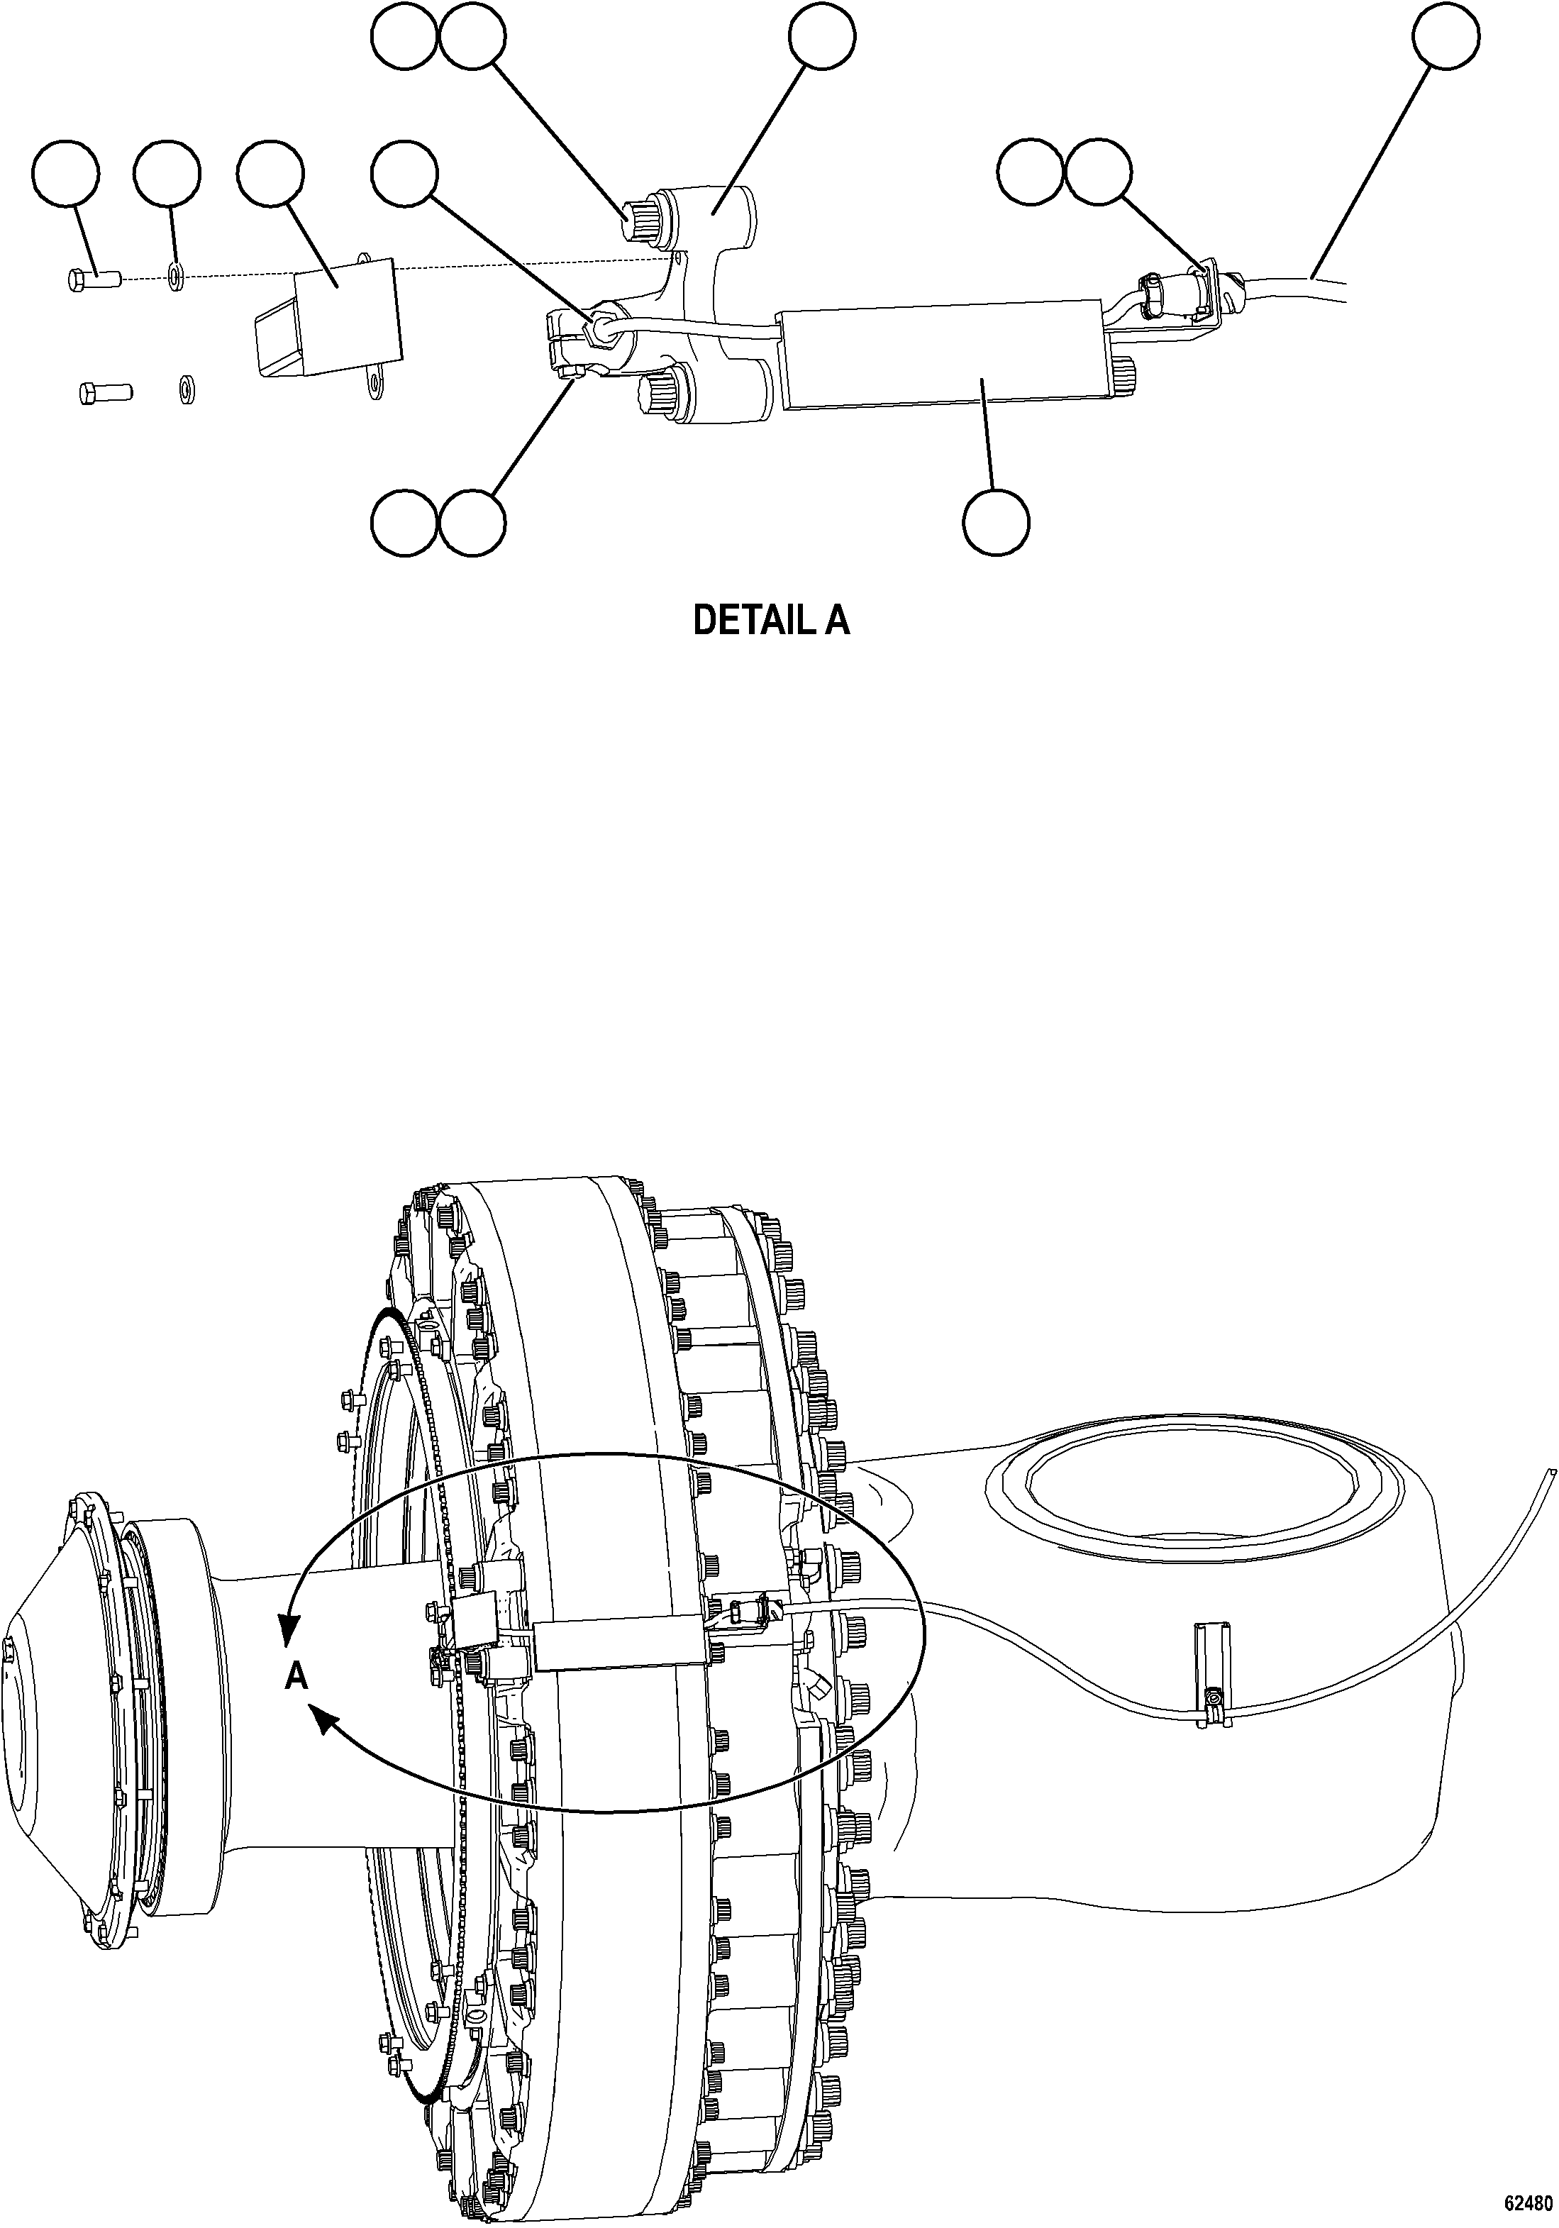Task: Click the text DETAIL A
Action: pos(771,621)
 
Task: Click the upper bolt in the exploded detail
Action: pos(93,279)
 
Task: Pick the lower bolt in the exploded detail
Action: pos(103,393)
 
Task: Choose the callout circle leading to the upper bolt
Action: pos(65,176)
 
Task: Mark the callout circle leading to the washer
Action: pos(168,176)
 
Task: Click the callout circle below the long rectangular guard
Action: pos(997,523)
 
